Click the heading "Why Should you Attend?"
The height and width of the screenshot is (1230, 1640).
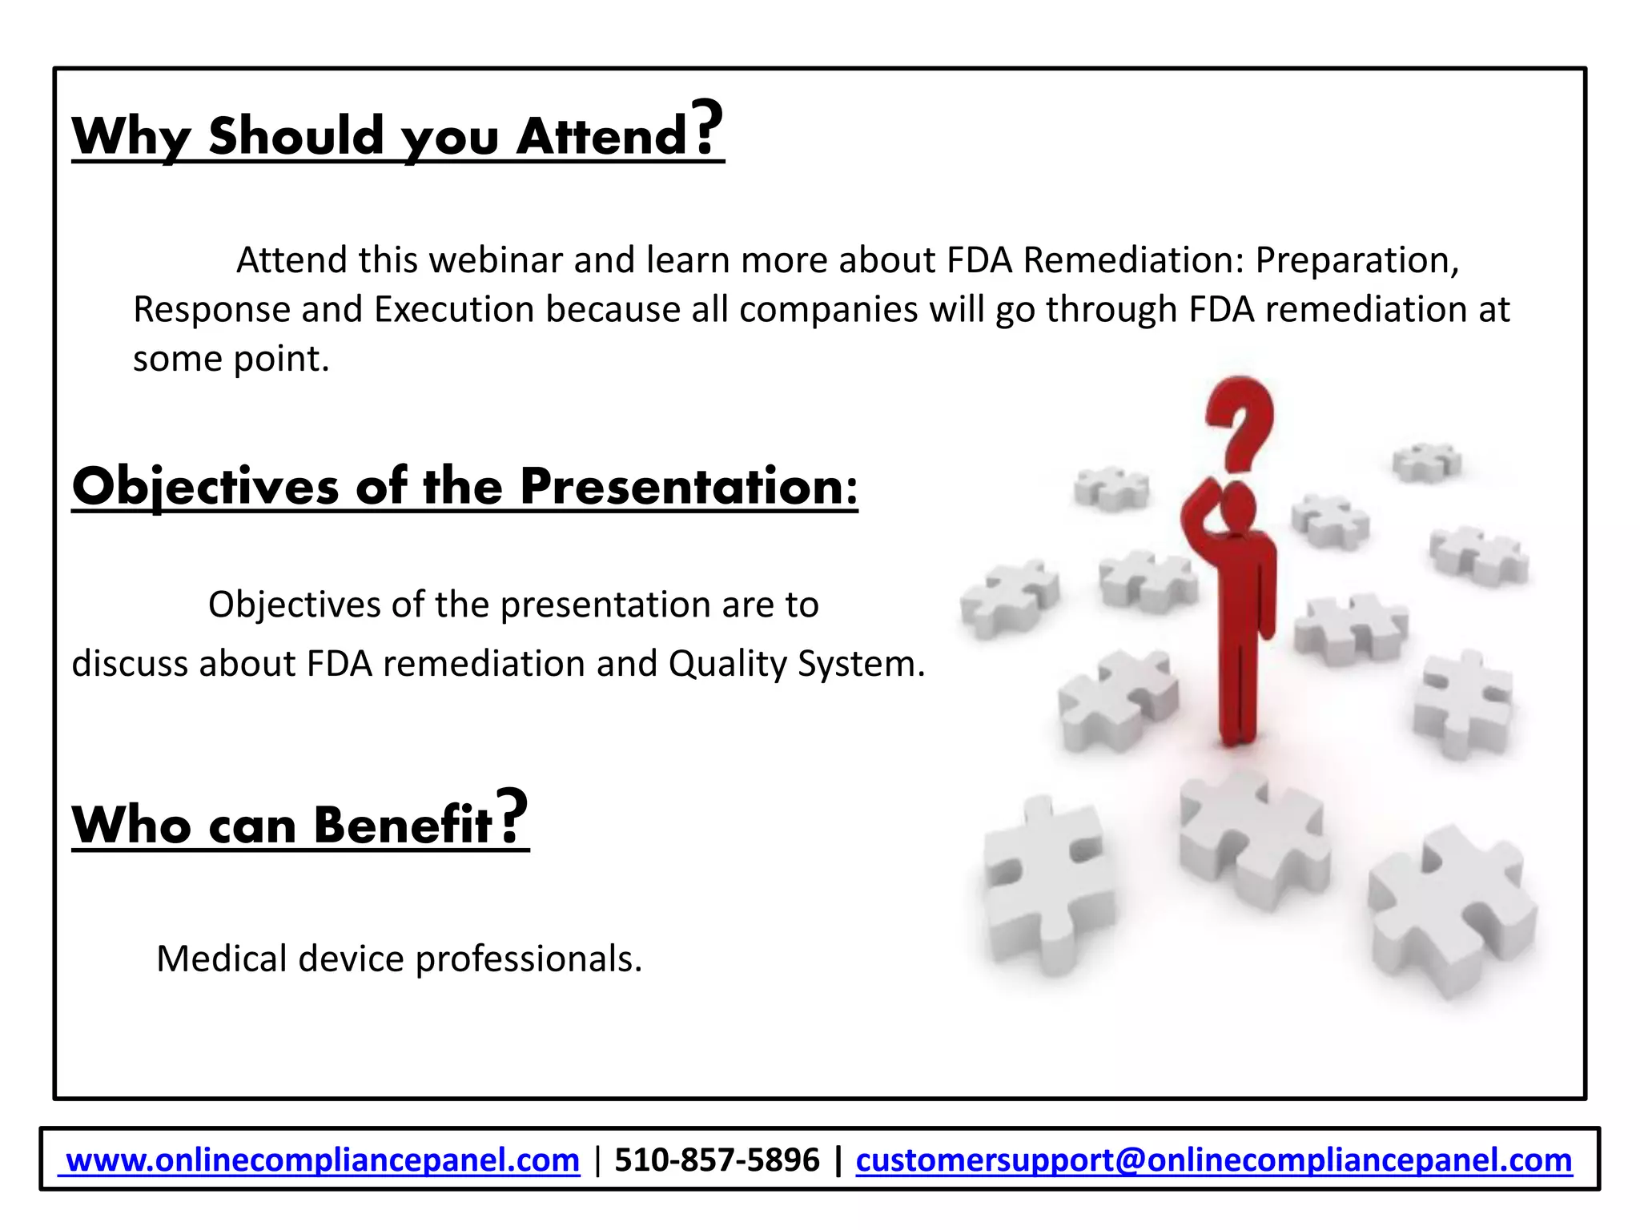coord(397,134)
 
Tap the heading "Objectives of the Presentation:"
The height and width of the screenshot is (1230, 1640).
coord(464,486)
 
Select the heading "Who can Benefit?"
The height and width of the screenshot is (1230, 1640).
coord(299,822)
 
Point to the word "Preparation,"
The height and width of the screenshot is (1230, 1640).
coord(1357,260)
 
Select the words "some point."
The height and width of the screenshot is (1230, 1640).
coord(231,359)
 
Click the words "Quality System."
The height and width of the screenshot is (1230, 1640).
coord(797,664)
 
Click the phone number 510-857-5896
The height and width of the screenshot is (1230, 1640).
coord(717,1160)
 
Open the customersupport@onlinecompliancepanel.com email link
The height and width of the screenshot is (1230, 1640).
coord(1214,1160)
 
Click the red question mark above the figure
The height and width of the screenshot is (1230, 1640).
coord(1240,424)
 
